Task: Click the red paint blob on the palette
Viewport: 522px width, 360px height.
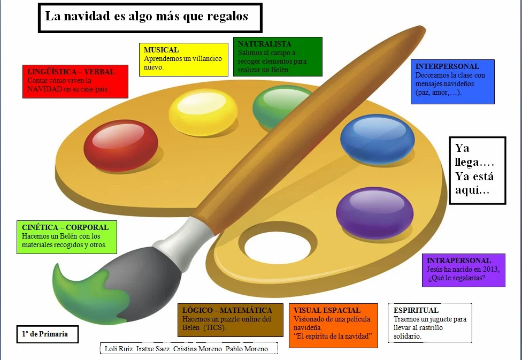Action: pyautogui.click(x=121, y=145)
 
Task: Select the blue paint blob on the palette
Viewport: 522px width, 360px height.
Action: pyautogui.click(x=377, y=139)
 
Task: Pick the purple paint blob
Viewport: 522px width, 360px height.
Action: pyautogui.click(x=374, y=212)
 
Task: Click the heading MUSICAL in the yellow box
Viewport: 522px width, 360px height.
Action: pyautogui.click(x=161, y=50)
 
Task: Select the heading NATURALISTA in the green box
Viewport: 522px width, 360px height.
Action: pyautogui.click(x=265, y=44)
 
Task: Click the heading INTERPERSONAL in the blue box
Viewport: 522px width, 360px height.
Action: pyautogui.click(x=447, y=67)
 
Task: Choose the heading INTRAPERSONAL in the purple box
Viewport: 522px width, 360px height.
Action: pyautogui.click(x=459, y=261)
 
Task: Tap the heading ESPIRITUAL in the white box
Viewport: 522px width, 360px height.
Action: pyautogui.click(x=416, y=310)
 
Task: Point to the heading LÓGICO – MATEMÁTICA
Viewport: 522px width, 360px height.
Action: pyautogui.click(x=227, y=310)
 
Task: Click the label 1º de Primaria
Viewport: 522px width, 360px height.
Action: pyautogui.click(x=45, y=334)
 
